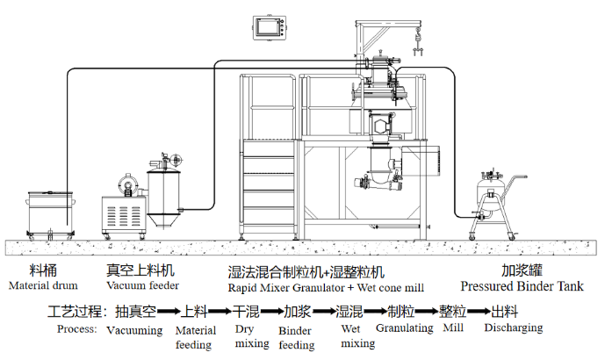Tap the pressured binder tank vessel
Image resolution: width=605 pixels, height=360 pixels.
pyautogui.click(x=487, y=196)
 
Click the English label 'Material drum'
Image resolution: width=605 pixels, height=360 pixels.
pyautogui.click(x=43, y=285)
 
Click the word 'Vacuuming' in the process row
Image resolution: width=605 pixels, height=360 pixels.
pyautogui.click(x=134, y=330)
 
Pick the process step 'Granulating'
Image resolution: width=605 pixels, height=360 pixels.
pyautogui.click(x=404, y=328)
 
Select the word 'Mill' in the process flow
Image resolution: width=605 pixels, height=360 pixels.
pyautogui.click(x=453, y=328)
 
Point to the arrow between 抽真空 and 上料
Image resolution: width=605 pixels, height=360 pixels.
pyautogui.click(x=169, y=312)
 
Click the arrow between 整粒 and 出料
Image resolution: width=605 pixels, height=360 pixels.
pyautogui.click(x=479, y=312)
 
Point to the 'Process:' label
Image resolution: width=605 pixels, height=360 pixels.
pyautogui.click(x=76, y=329)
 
